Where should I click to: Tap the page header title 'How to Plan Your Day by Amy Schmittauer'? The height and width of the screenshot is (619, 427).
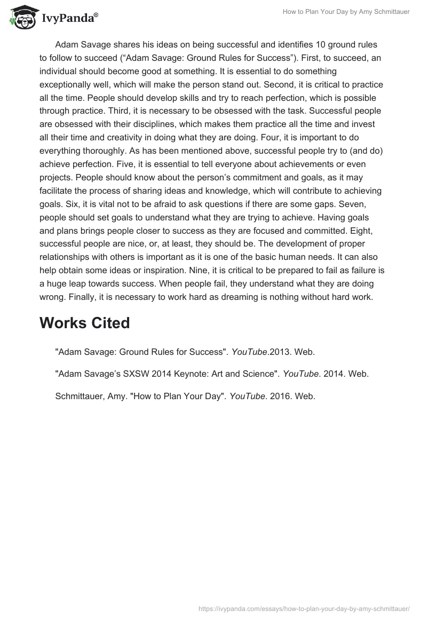point(346,12)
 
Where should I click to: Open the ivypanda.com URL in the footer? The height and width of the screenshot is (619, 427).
point(304,608)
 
